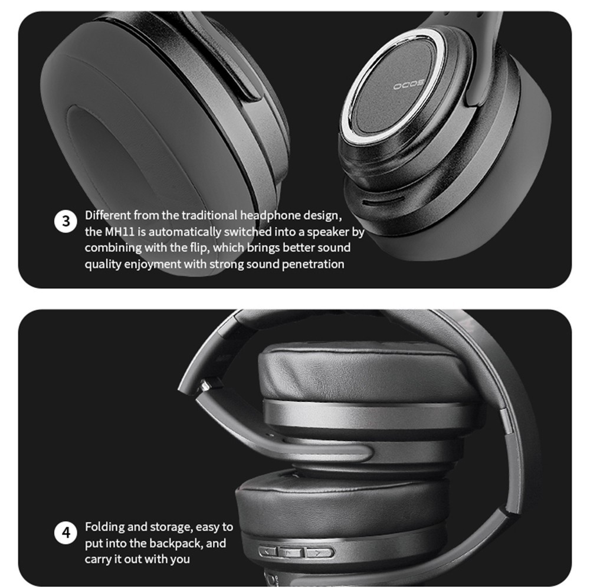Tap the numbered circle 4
click(66, 533)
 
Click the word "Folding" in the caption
click(103, 527)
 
